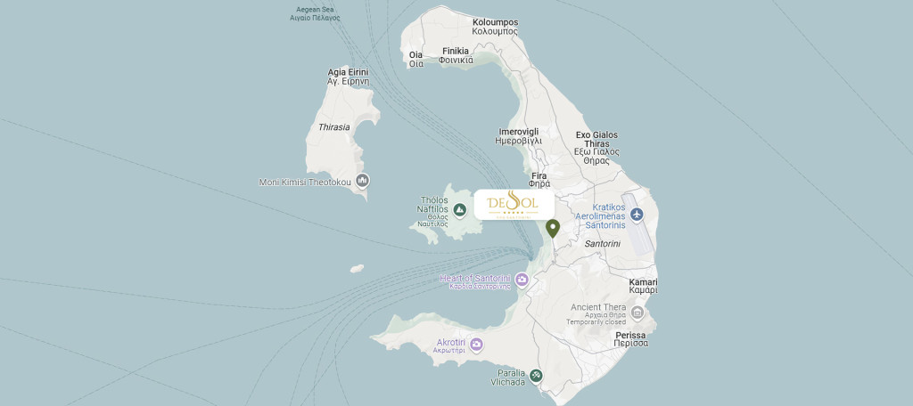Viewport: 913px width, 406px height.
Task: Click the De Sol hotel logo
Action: (x=514, y=205)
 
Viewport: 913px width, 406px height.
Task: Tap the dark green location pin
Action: (x=553, y=228)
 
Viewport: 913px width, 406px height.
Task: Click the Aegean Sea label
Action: (x=317, y=13)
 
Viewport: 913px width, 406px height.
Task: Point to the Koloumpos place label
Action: (x=495, y=27)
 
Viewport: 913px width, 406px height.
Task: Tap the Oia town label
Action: (x=415, y=59)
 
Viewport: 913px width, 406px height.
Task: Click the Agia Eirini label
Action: (x=348, y=77)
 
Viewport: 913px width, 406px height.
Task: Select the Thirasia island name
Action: (x=333, y=127)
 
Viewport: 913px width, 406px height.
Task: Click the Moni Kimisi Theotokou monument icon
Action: (x=363, y=181)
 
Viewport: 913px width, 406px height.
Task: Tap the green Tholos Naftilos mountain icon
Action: (x=460, y=210)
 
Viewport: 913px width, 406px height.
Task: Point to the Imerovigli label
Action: (x=518, y=136)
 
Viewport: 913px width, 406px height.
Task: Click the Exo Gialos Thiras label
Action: (x=596, y=148)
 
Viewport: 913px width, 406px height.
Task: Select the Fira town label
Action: (x=539, y=181)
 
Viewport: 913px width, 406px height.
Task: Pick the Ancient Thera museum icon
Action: (x=637, y=312)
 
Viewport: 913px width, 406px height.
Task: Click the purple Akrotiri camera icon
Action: (x=476, y=345)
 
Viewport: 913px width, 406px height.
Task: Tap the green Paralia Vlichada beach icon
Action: (x=535, y=375)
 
